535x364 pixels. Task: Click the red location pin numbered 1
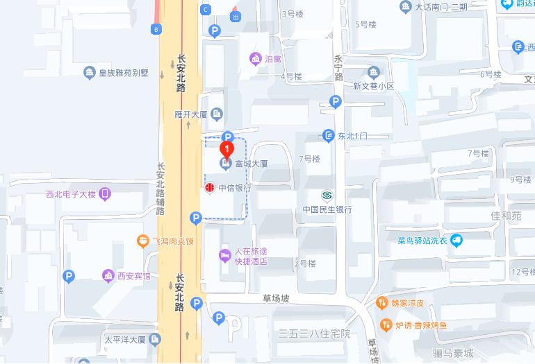[x=227, y=148]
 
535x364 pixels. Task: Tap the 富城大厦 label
[x=251, y=164]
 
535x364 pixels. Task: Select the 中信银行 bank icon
[x=209, y=188]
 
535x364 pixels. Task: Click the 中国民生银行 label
[x=327, y=209]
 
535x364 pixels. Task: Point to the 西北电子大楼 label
[x=70, y=194]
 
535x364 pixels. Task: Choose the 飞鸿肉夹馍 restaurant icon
[x=142, y=241]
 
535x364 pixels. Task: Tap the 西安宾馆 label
[x=133, y=276]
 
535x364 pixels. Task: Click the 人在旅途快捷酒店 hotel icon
[x=224, y=256]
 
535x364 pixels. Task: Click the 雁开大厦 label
[x=191, y=114]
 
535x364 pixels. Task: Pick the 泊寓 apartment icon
[x=255, y=58]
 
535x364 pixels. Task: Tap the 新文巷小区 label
[x=373, y=86]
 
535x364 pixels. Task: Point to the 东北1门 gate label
[x=352, y=136]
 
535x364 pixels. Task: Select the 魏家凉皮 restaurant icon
[x=381, y=303]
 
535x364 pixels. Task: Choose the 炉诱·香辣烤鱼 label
[x=421, y=324]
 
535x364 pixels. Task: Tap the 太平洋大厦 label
[x=125, y=340]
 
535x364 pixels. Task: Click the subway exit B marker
[x=156, y=29]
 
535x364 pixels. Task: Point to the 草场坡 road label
[x=275, y=298]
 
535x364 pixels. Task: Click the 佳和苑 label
[x=506, y=216]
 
